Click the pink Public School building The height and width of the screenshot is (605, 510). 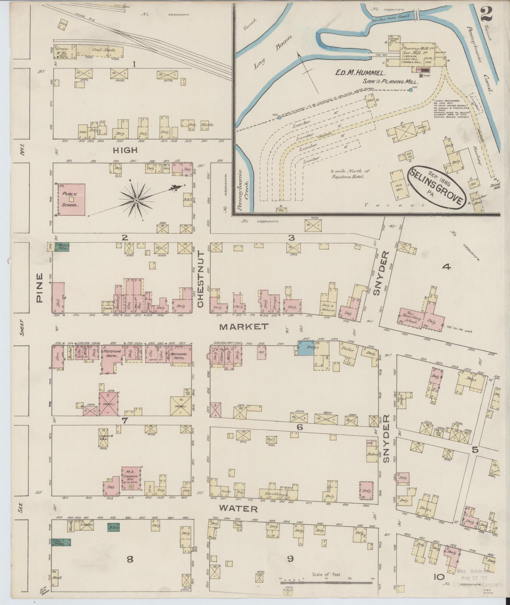tap(71, 200)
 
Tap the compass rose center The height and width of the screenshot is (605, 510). tap(136, 201)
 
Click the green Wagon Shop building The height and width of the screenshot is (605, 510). tap(62, 246)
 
